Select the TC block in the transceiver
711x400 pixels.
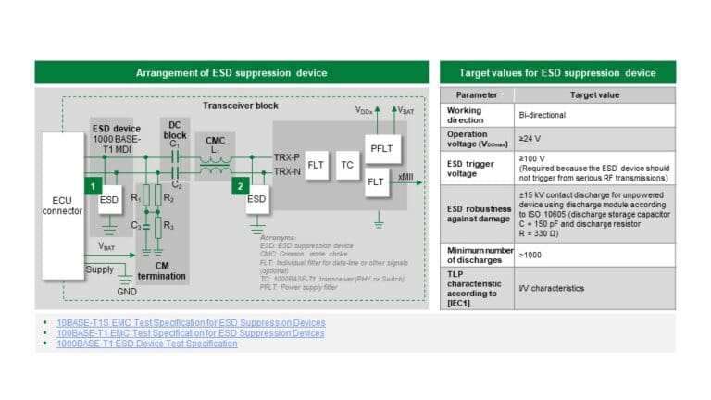point(347,166)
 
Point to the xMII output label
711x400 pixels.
point(405,175)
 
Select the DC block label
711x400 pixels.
point(174,129)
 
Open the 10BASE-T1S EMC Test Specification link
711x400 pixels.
point(191,322)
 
